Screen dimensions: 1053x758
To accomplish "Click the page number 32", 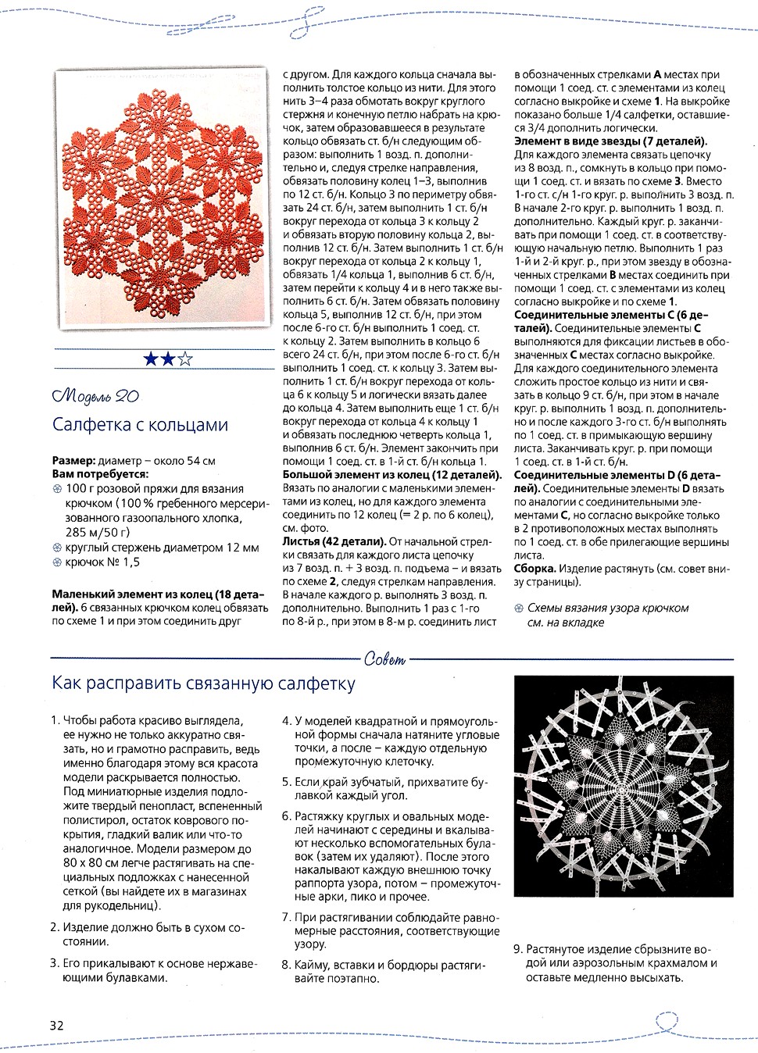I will click(x=56, y=1026).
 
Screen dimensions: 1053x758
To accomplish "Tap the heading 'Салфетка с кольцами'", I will click(x=140, y=425).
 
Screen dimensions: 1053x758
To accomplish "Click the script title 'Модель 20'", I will click(x=95, y=396).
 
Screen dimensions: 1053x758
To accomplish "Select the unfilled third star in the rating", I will click(x=185, y=359).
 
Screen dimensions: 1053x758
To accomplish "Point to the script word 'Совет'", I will click(x=385, y=659).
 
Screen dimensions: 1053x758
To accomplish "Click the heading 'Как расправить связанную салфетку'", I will click(x=203, y=684).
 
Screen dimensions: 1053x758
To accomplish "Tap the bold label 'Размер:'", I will click(x=74, y=461).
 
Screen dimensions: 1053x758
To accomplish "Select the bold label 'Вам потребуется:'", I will click(x=100, y=474).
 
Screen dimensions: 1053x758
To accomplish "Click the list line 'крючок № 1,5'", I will click(x=103, y=562).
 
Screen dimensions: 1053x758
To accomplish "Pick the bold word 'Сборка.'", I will click(x=535, y=569).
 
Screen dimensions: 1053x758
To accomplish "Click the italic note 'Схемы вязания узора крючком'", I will click(x=608, y=608).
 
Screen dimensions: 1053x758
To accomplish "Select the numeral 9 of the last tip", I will click(x=517, y=949).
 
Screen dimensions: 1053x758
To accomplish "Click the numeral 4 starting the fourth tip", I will click(x=286, y=721).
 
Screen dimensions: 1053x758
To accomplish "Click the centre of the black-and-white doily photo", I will click(x=623, y=786).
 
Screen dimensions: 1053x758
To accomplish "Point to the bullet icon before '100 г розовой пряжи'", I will click(x=57, y=489).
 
